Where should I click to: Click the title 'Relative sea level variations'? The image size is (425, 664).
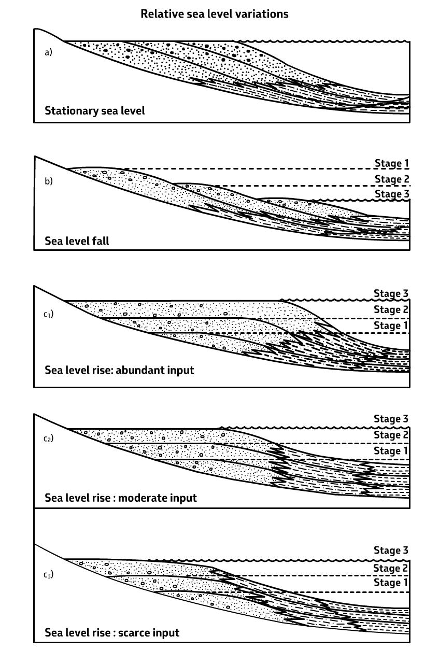215,14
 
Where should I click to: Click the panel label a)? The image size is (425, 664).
48,52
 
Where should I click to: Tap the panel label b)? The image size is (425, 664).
48,181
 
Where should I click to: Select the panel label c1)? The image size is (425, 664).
49,314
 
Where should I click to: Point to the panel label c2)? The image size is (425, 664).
49,439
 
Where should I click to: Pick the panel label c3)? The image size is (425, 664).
49,574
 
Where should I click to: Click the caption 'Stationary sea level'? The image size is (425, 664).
95,110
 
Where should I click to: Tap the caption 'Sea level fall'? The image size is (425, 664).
77,241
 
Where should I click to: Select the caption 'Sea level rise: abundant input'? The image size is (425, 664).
119,370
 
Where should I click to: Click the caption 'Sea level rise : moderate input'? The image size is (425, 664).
121,498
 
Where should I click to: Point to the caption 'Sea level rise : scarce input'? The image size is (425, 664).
112,632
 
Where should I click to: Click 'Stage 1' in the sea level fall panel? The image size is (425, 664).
392,164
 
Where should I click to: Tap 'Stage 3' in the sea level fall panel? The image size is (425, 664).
392,194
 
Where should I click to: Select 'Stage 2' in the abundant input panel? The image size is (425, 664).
391,310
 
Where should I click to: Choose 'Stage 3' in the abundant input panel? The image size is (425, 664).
391,294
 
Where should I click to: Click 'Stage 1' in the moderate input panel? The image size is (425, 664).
391,451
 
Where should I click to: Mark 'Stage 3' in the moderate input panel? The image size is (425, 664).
391,419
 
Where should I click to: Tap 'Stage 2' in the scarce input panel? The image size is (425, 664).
391,569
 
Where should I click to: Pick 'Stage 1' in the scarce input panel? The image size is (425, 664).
391,583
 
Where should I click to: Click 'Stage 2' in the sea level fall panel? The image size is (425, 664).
392,179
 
